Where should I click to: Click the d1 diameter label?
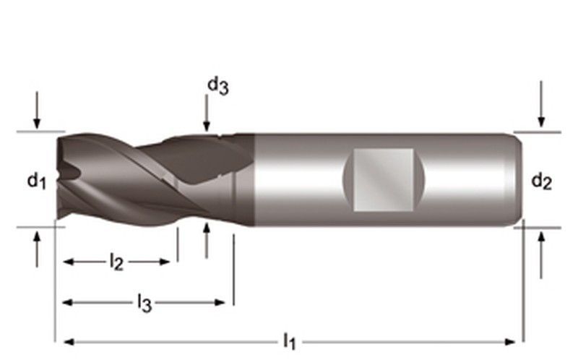click(37, 181)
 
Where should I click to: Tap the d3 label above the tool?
click(217, 86)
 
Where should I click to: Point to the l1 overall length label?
click(290, 340)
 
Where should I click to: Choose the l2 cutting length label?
click(116, 262)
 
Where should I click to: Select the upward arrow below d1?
click(37, 249)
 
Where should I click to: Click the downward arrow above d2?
click(541, 108)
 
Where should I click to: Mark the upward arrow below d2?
click(541, 257)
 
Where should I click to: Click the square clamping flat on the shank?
click(383, 179)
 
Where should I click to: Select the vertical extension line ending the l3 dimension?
click(233, 271)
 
